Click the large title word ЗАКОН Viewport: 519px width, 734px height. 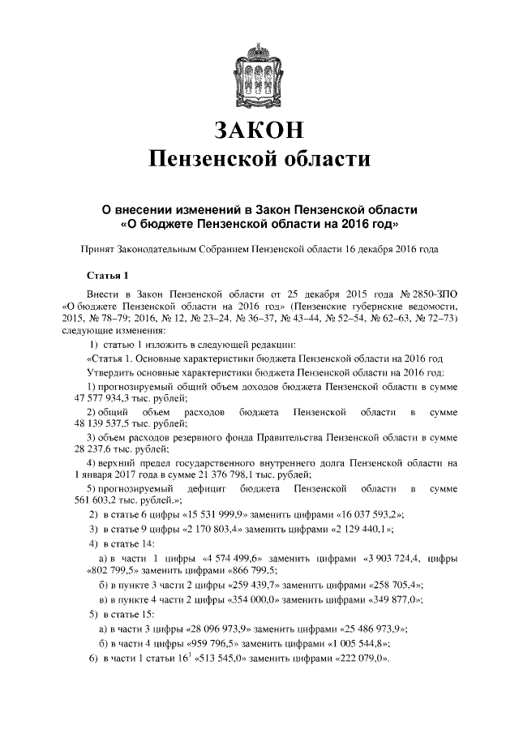tap(259, 131)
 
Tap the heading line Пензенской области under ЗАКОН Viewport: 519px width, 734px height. tap(259, 161)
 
